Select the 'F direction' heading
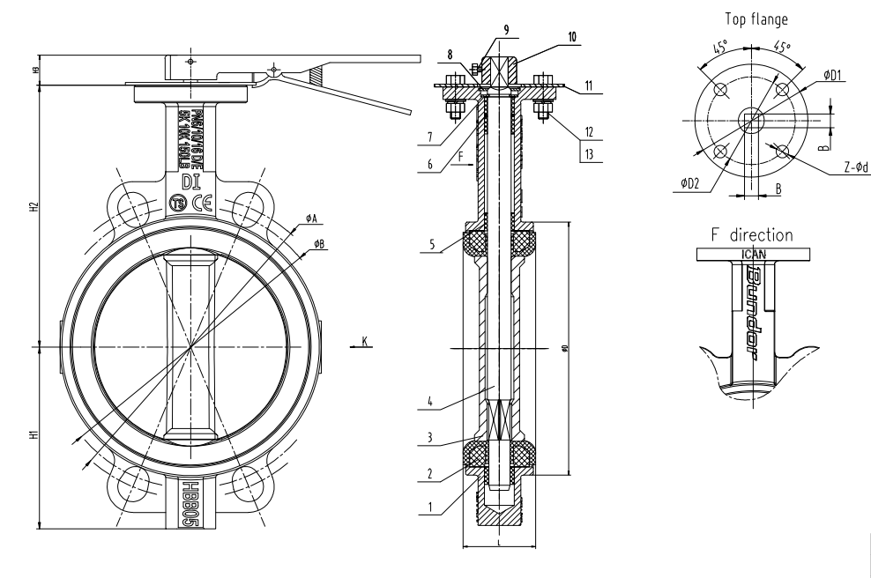pyautogui.click(x=751, y=235)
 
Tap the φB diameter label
pyautogui.click(x=319, y=242)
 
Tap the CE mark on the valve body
pyautogui.click(x=200, y=202)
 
